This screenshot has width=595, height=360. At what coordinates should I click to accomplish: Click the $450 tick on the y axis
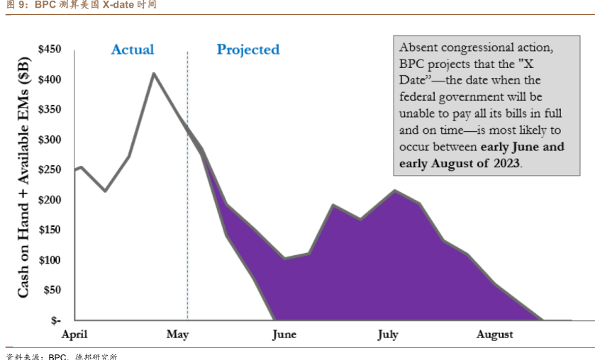click(49, 49)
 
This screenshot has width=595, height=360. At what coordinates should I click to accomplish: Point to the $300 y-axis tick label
click(49, 139)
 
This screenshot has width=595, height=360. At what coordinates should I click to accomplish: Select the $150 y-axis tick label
click(49, 230)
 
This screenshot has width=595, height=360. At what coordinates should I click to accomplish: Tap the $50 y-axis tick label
click(52, 290)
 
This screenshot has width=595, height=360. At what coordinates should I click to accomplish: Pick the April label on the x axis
click(74, 334)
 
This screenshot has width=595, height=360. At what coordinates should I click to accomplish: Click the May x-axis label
click(177, 334)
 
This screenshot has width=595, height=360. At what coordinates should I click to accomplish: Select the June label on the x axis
click(284, 334)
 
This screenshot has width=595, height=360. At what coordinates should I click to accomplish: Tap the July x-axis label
click(388, 334)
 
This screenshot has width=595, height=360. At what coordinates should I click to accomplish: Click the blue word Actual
click(133, 49)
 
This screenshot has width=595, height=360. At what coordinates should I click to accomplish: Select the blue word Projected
click(248, 49)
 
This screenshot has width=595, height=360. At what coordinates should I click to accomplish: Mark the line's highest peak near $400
click(154, 73)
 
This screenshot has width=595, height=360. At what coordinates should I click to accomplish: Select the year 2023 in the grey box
click(504, 163)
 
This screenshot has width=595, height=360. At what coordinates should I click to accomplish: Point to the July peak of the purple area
click(395, 191)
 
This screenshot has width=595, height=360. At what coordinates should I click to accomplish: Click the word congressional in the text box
click(483, 48)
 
